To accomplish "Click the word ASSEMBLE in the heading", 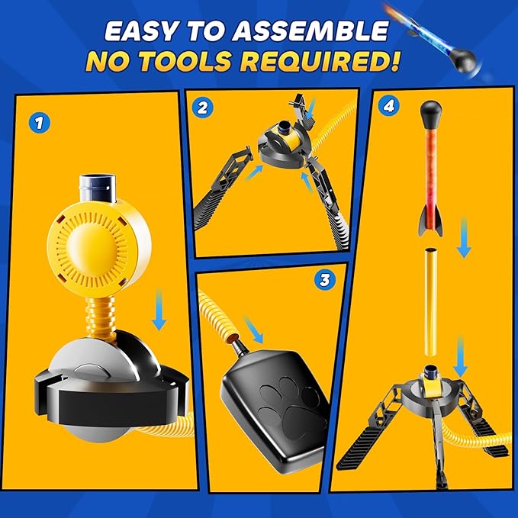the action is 310,31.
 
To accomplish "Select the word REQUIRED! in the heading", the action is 320,61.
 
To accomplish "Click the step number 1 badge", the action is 39,124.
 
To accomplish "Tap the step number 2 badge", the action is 202,108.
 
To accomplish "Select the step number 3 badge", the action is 325,280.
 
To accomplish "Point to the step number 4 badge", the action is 388,106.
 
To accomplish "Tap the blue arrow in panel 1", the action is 159,310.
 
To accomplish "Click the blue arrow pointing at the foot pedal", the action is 253,330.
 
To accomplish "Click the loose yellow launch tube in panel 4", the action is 431,302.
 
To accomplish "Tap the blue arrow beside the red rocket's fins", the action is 464,237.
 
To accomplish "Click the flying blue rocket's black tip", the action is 465,59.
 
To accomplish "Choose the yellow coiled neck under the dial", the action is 101,317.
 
